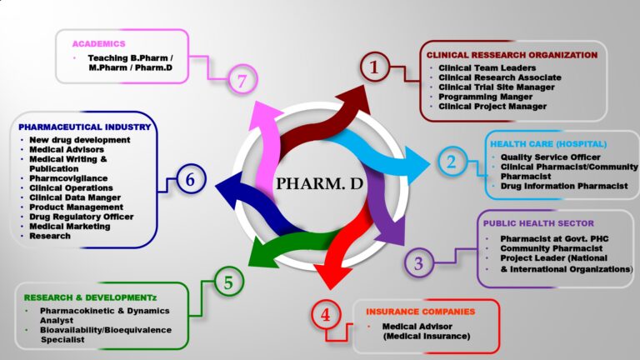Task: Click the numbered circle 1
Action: [374, 67]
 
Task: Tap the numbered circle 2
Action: [451, 162]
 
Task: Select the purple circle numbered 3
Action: [419, 263]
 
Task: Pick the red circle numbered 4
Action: [326, 316]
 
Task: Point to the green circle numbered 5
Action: [228, 283]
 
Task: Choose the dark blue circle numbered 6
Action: [190, 179]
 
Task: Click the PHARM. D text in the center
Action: [320, 183]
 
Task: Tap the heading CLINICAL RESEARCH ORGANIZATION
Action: [512, 55]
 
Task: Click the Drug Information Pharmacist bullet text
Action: [563, 186]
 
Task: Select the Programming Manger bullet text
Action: [492, 97]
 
